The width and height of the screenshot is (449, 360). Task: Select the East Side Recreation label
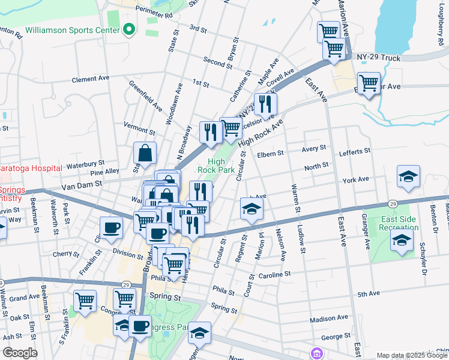pyautogui.click(x=399, y=223)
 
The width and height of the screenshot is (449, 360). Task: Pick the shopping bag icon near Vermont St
pyautogui.click(x=145, y=153)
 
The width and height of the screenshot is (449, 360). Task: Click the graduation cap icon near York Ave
pyautogui.click(x=408, y=176)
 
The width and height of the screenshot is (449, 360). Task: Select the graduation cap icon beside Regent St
pyautogui.click(x=252, y=209)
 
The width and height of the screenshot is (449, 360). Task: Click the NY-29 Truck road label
pyautogui.click(x=378, y=58)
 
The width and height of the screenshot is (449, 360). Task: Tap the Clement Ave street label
pyautogui.click(x=90, y=79)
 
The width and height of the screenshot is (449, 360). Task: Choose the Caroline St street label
pyautogui.click(x=274, y=274)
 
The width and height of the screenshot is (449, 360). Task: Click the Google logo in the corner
pyautogui.click(x=19, y=352)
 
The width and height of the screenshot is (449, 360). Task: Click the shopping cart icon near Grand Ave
pyautogui.click(x=85, y=301)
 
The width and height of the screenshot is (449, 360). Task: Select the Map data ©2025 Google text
pyautogui.click(x=403, y=355)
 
